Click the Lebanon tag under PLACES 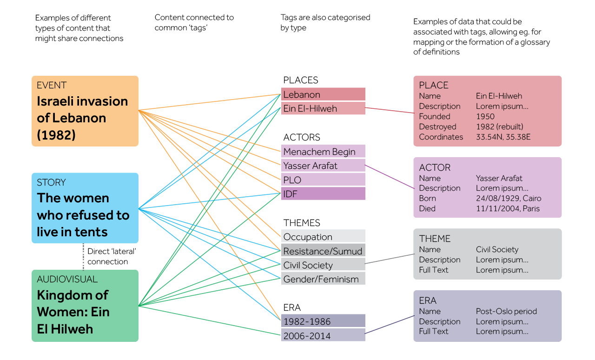click(323, 94)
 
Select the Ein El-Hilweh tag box click(323, 108)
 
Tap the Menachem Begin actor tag click(323, 152)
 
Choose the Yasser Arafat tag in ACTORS click(323, 166)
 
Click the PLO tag click(323, 180)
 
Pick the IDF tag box click(323, 194)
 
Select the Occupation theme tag click(323, 237)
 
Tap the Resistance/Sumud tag click(323, 251)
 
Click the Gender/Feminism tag click(323, 279)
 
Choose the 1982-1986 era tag click(323, 321)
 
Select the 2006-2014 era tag click(323, 335)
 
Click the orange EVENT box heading click(52, 85)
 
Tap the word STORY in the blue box click(51, 182)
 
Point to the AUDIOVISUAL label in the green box click(67, 279)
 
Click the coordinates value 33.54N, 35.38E click(503, 137)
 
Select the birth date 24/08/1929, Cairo click(509, 198)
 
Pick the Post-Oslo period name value click(506, 311)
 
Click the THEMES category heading click(302, 223)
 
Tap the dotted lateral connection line click(84, 256)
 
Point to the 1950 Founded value click(485, 116)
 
